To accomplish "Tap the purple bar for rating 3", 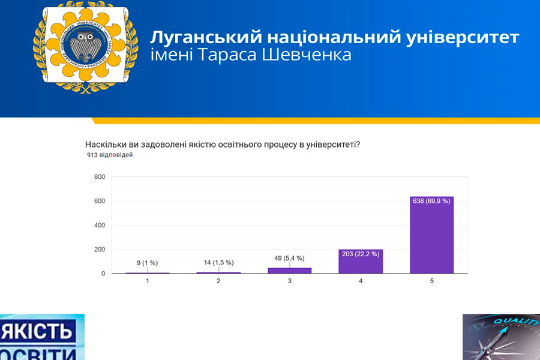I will (x=290, y=271).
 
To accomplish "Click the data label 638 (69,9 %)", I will (x=431, y=201).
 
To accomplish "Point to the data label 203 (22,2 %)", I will (x=361, y=254).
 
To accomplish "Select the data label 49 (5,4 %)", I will (x=290, y=258).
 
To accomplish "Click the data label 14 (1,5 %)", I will (x=218, y=263).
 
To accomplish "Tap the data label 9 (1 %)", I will (x=148, y=263).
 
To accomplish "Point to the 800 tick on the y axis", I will (x=100, y=177).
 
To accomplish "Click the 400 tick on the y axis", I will (x=100, y=226).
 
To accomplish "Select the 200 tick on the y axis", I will (x=100, y=250).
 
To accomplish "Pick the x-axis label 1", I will (x=148, y=281).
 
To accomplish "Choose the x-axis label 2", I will (x=218, y=281).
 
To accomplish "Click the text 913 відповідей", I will (x=110, y=155).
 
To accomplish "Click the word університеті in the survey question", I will (x=332, y=145).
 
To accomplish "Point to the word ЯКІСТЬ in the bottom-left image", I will (x=38, y=331).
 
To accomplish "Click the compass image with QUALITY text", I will (x=501, y=337).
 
